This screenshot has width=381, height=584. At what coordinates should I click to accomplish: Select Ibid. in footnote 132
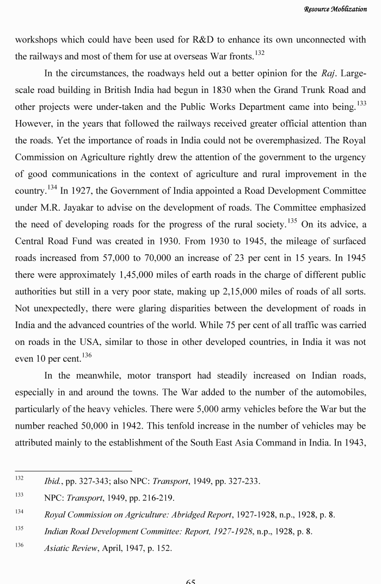coord(53,481)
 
